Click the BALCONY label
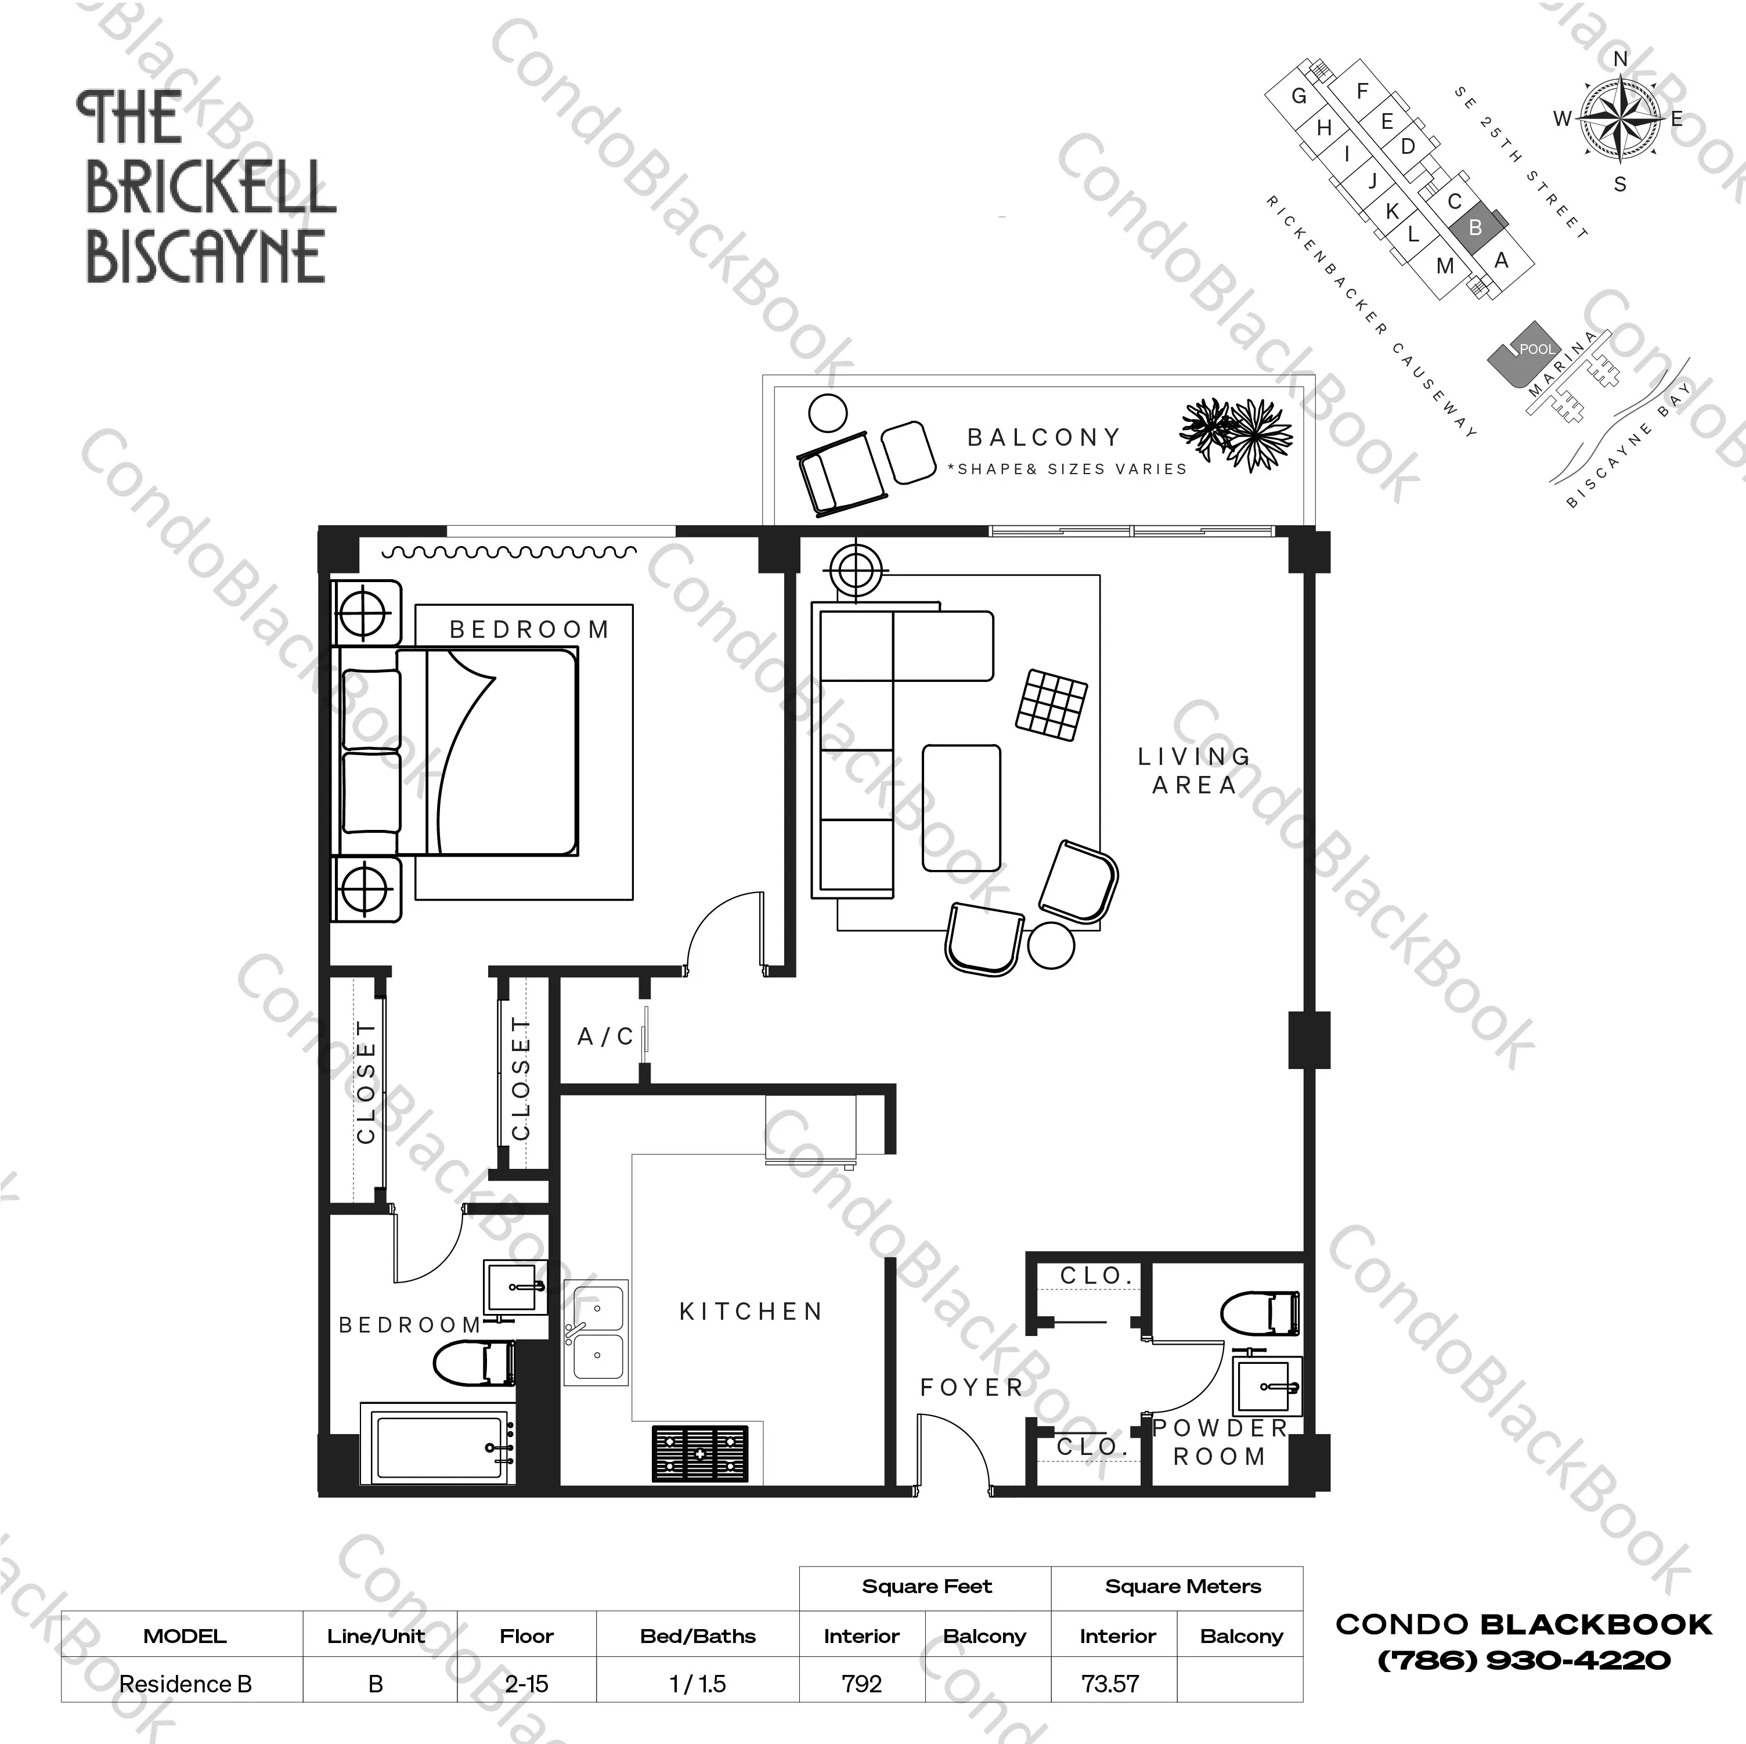pyautogui.click(x=1044, y=438)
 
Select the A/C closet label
pyautogui.click(x=605, y=1037)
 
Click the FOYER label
pyautogui.click(x=972, y=1387)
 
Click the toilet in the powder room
pyautogui.click(x=1261, y=1313)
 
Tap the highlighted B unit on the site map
pyautogui.click(x=1475, y=228)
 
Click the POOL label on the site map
pyautogui.click(x=1536, y=349)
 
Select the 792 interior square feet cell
pyautogui.click(x=861, y=1684)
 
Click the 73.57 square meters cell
pyautogui.click(x=1110, y=1684)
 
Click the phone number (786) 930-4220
pyautogui.click(x=1524, y=1659)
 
